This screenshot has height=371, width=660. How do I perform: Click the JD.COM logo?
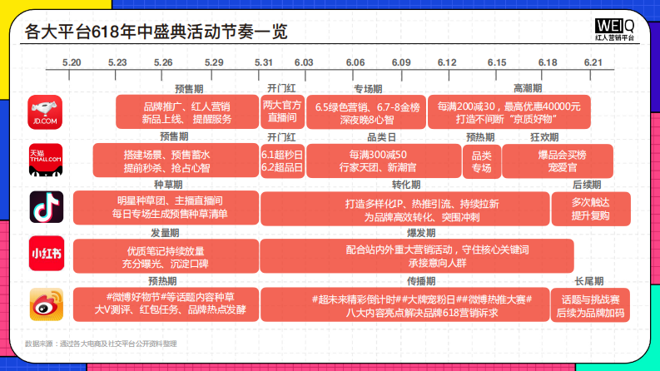(46, 112)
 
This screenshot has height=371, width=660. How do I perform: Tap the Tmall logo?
(46, 160)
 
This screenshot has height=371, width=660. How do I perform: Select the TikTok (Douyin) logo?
(46, 207)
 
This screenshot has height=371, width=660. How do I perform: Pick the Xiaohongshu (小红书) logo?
(46, 255)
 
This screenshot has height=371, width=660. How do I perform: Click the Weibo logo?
(46, 303)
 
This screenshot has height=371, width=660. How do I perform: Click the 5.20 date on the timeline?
(72, 63)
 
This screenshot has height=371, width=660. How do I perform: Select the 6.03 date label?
(304, 63)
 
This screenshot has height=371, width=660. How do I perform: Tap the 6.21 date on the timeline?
(593, 63)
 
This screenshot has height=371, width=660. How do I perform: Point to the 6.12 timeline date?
(447, 63)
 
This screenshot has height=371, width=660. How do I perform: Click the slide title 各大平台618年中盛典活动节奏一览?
(156, 32)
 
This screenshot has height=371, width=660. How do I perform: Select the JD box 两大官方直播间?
(281, 111)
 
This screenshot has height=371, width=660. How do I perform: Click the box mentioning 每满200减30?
(509, 112)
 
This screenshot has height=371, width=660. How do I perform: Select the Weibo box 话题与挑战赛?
(590, 304)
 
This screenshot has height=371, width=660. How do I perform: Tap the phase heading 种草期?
(166, 184)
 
